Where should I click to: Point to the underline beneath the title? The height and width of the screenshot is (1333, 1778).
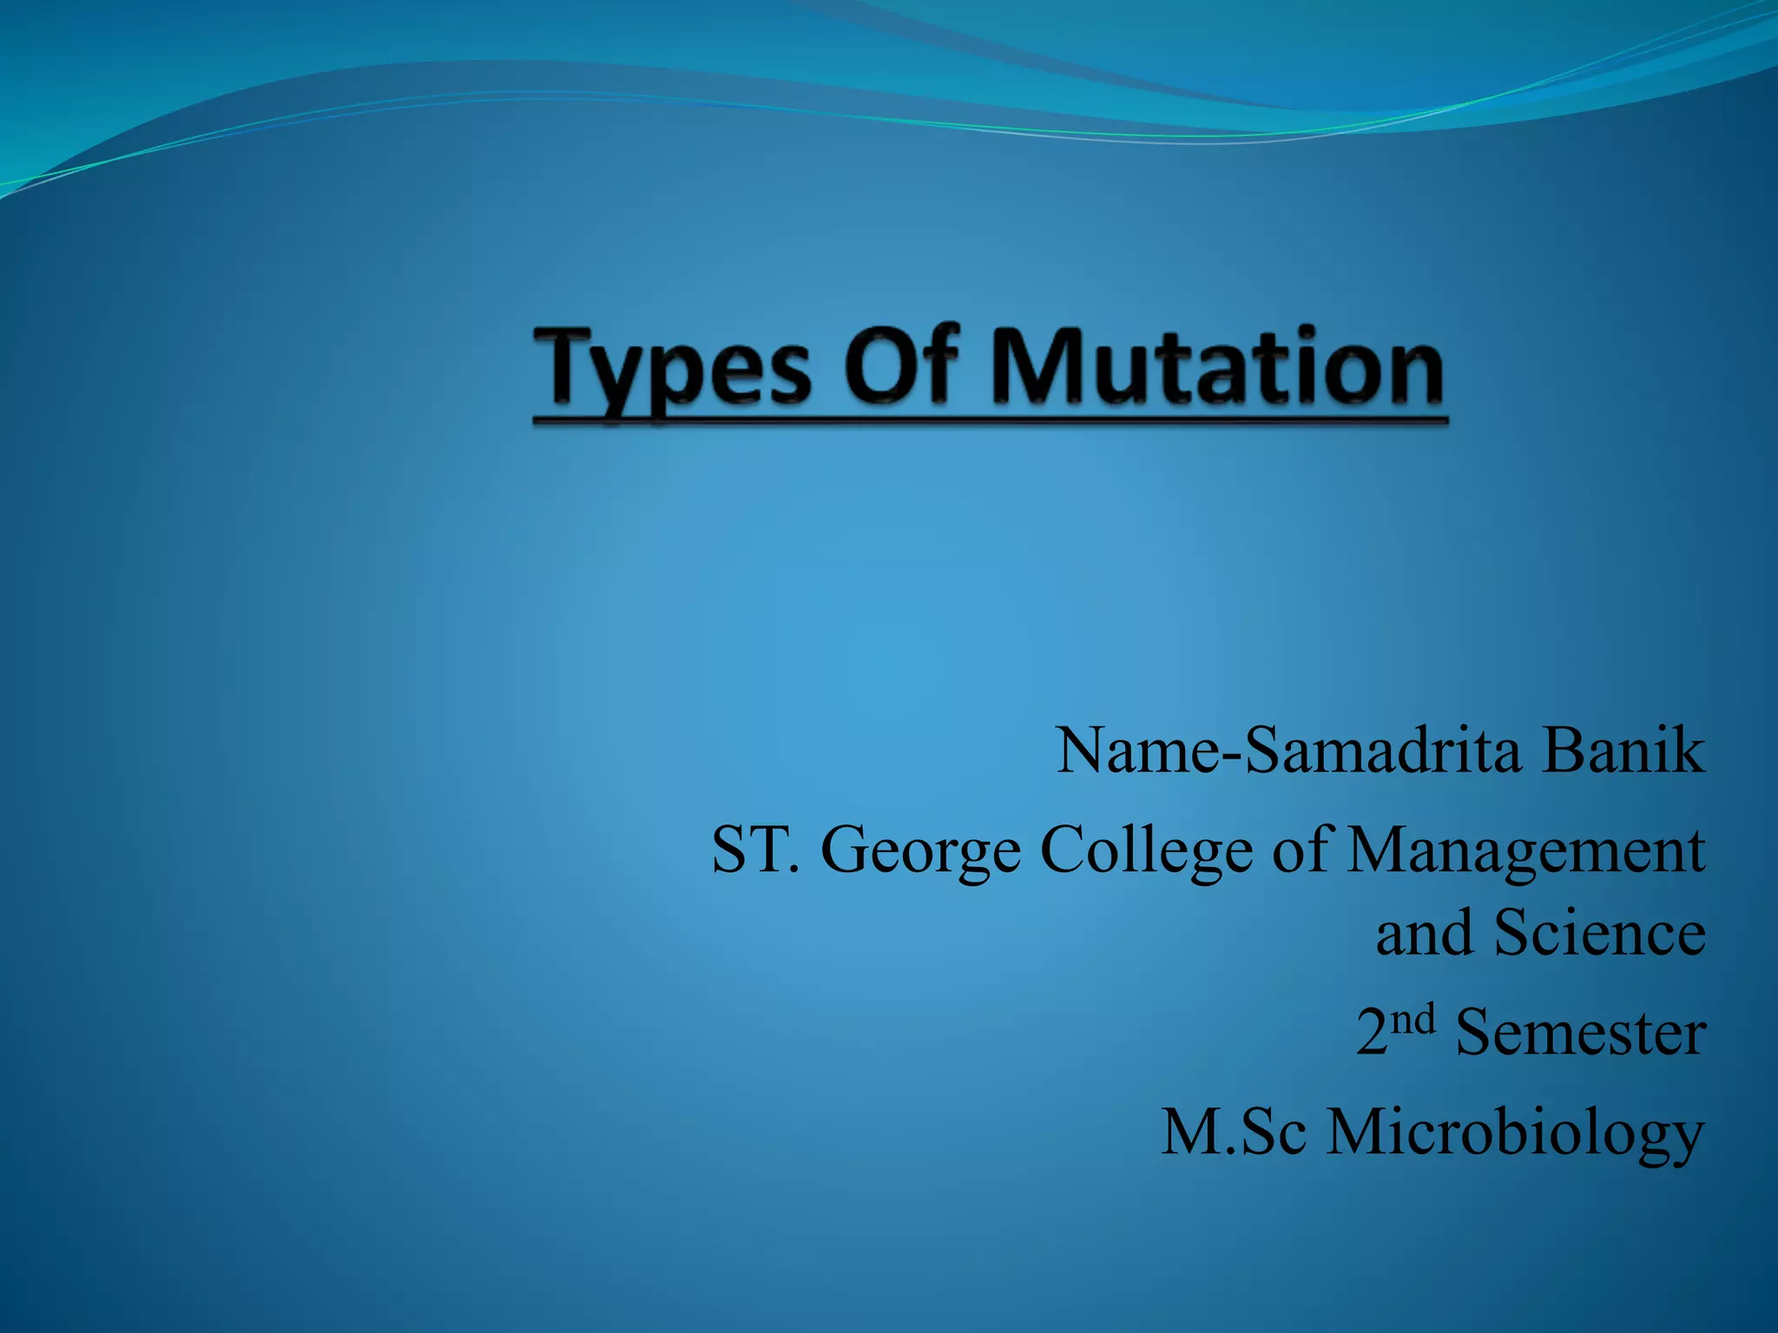tap(990, 422)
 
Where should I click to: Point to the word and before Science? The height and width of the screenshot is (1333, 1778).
tap(1424, 934)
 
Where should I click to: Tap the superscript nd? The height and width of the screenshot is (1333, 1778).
tap(1413, 1020)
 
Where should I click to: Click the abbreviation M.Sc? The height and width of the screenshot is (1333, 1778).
tap(1234, 1133)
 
